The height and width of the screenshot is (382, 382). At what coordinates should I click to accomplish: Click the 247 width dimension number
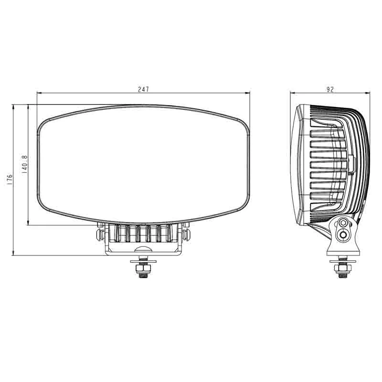[143, 89]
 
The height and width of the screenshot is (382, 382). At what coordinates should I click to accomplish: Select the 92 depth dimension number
[330, 89]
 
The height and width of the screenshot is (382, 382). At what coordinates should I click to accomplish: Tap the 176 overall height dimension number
[10, 180]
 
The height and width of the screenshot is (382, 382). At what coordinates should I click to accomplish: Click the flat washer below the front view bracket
[143, 261]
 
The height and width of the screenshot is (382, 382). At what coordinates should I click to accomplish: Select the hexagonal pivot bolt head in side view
[343, 223]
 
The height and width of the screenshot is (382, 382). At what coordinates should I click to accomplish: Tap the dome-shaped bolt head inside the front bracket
[143, 249]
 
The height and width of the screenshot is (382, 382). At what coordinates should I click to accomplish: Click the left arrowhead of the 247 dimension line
[39, 93]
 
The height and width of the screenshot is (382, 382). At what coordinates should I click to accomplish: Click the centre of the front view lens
[143, 165]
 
